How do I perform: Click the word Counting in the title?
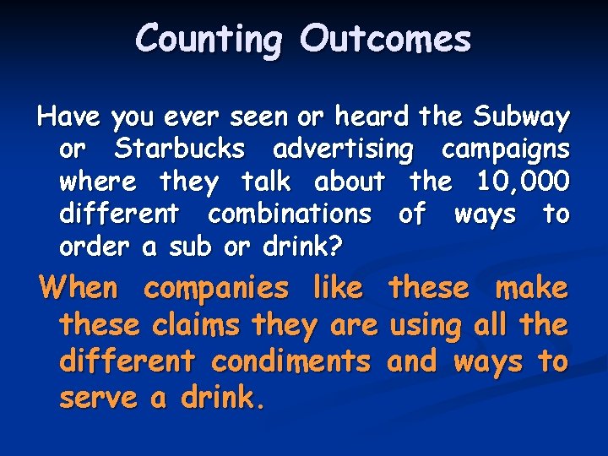(x=208, y=40)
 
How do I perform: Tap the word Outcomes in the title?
(x=385, y=40)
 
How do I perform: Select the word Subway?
(x=523, y=116)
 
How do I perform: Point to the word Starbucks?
(x=180, y=149)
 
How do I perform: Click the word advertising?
(x=343, y=149)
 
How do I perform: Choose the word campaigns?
(x=505, y=149)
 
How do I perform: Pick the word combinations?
(x=289, y=214)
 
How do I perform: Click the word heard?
(x=371, y=116)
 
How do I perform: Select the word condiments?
(x=290, y=361)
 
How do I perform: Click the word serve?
(x=97, y=398)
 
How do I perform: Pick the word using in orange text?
(x=426, y=326)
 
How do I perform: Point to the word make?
(x=531, y=288)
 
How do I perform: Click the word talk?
(x=265, y=181)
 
